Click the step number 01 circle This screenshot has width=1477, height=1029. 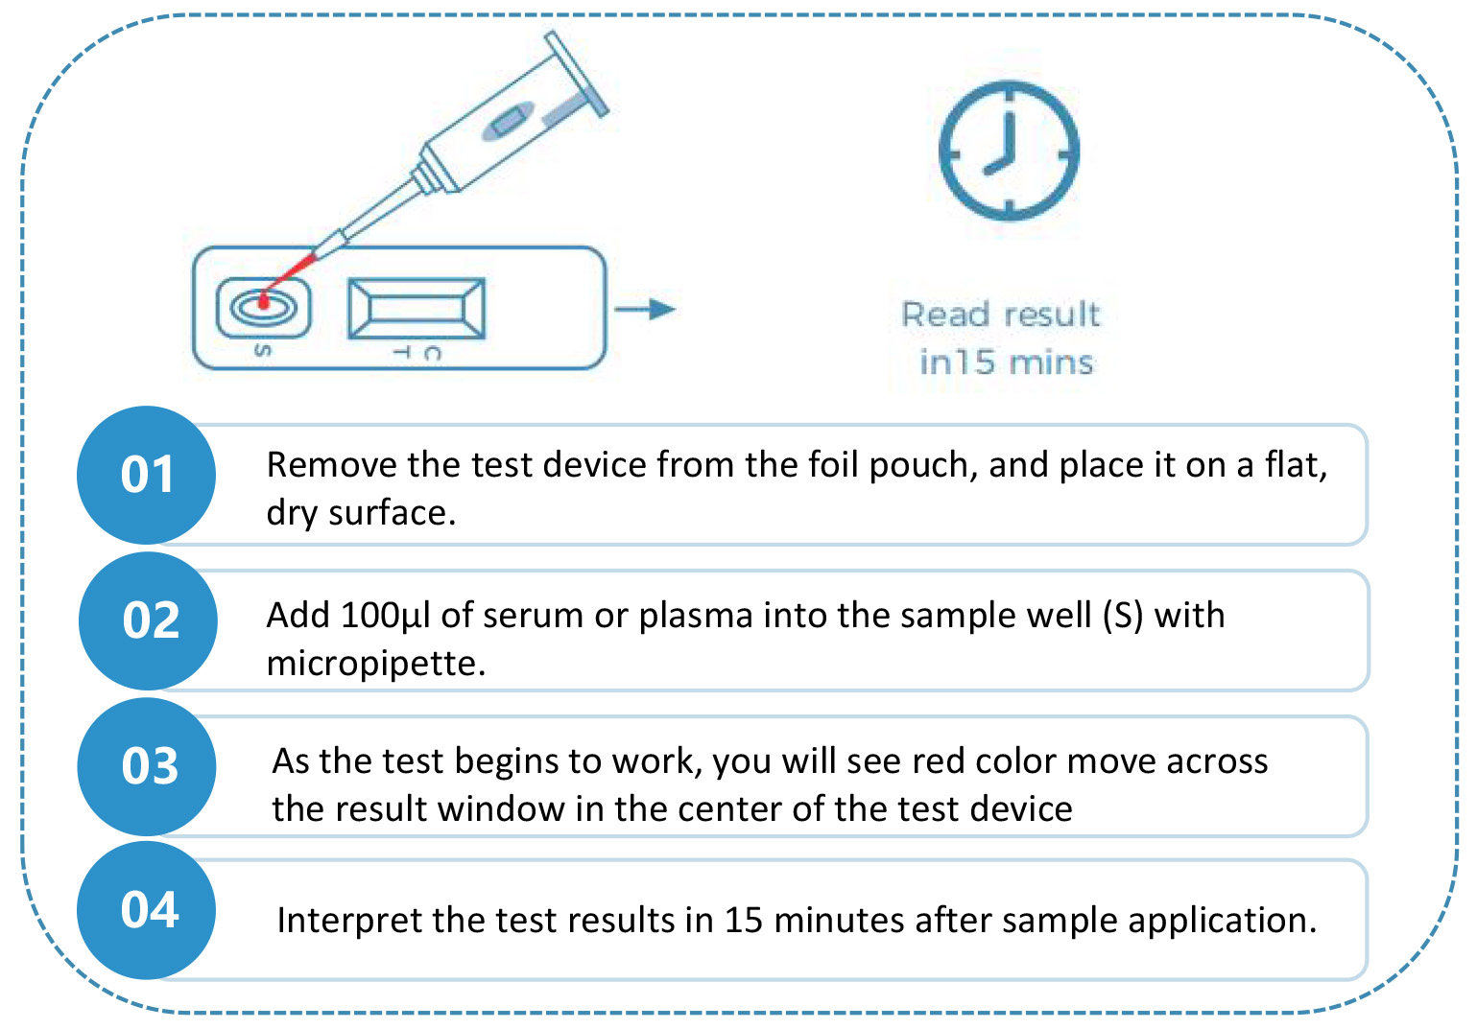pyautogui.click(x=147, y=475)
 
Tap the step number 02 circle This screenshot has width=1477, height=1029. pyautogui.click(x=149, y=620)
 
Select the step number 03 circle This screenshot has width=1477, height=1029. pyautogui.click(x=147, y=767)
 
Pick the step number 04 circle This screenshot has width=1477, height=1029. pyautogui.click(x=147, y=910)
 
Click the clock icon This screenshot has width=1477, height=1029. pyautogui.click(x=1009, y=151)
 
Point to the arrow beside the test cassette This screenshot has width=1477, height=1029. pyautogui.click(x=645, y=309)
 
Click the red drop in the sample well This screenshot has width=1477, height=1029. pyautogui.click(x=264, y=302)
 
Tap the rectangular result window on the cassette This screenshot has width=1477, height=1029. pyautogui.click(x=417, y=308)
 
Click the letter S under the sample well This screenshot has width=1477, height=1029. pyautogui.click(x=262, y=350)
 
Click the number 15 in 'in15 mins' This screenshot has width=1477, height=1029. pyautogui.click(x=975, y=362)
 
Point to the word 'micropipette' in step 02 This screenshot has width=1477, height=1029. pyautogui.click(x=376, y=664)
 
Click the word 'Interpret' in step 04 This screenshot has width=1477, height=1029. pyautogui.click(x=348, y=921)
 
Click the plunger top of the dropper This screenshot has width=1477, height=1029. pyautogui.click(x=576, y=73)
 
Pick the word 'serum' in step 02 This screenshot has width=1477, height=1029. pyautogui.click(x=533, y=617)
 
